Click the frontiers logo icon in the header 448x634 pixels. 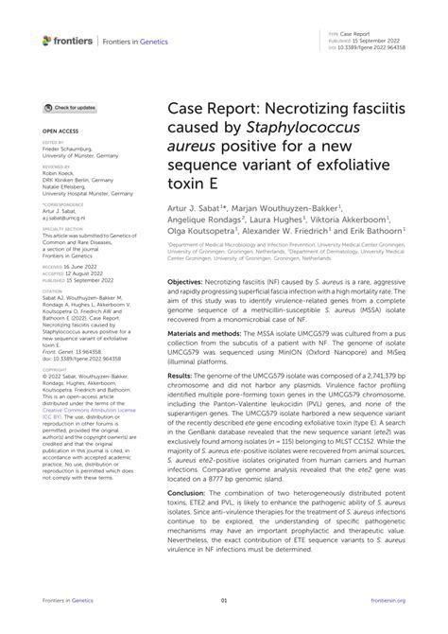point(47,40)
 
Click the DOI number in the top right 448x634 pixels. point(396,45)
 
